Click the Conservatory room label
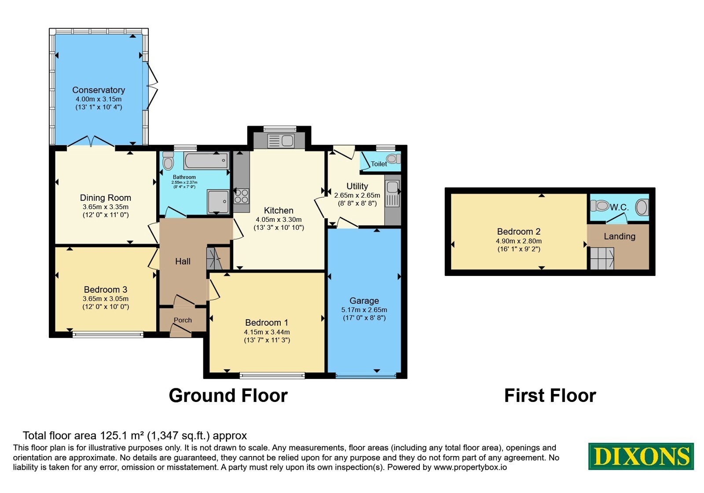point(99,90)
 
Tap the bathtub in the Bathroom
point(206,161)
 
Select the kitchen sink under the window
point(281,141)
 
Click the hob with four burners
point(242,196)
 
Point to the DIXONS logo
point(641,456)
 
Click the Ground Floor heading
point(228,396)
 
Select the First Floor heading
point(550,396)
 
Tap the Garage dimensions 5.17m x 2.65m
point(364,310)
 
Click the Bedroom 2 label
point(519,232)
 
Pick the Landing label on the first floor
point(620,236)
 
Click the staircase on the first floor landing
point(602,258)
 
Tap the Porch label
point(183,320)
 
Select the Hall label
point(183,261)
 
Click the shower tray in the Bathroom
point(218,202)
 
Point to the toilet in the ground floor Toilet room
point(394,159)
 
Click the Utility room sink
point(392,194)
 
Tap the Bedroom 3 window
point(108,335)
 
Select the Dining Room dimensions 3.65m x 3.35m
point(105,207)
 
